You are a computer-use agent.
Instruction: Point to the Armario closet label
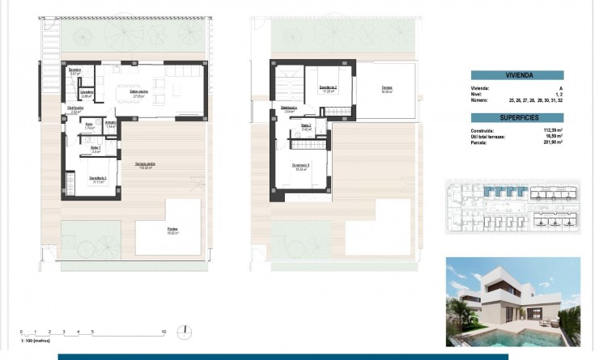[110, 123]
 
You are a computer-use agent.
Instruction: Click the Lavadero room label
[87, 92]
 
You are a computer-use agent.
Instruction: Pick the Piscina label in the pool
[172, 229]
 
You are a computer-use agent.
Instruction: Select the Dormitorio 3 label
[301, 167]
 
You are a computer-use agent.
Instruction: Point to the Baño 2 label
[306, 125]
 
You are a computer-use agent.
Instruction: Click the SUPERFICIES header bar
[518, 117]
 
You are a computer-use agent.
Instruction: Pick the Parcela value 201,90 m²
[552, 143]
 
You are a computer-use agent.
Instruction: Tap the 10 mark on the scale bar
[164, 332]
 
